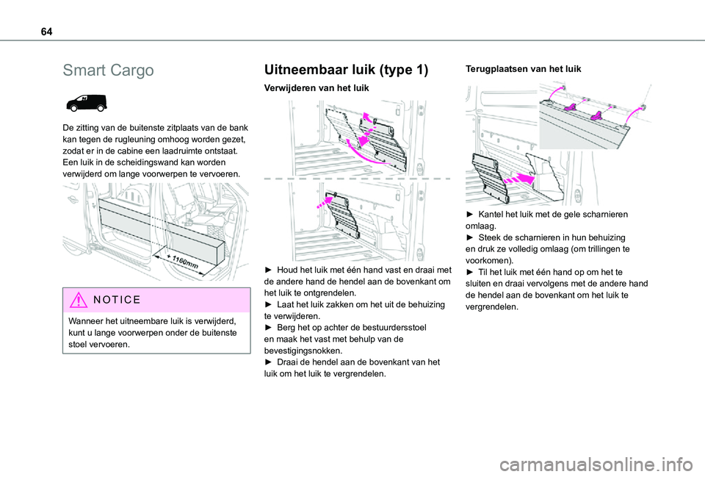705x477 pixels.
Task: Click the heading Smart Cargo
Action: (108, 71)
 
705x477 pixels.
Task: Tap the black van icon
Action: (86, 103)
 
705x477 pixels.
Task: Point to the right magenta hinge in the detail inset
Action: (598, 115)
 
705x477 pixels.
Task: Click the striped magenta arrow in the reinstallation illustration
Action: (518, 176)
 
